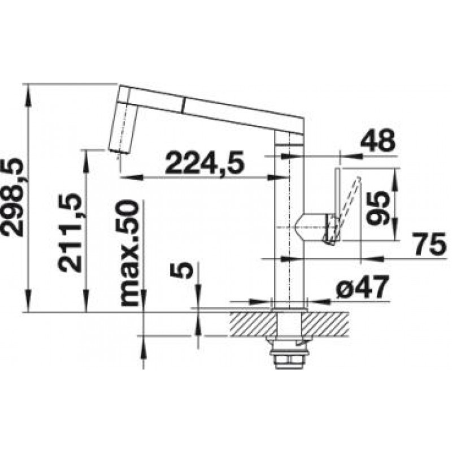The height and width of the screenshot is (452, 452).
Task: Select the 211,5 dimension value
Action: (68, 232)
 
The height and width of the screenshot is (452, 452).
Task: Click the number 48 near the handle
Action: (377, 141)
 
